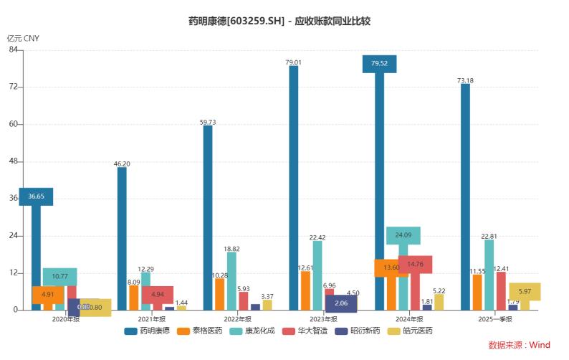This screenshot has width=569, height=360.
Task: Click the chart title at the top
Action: click(284, 22)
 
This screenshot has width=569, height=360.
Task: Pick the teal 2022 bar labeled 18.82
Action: click(231, 280)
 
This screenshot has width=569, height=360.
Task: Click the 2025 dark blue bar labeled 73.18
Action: click(465, 196)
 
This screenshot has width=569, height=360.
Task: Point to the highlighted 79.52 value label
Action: click(380, 64)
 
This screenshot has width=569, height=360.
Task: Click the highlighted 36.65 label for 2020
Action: click(36, 196)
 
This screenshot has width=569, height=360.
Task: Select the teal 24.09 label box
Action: click(403, 235)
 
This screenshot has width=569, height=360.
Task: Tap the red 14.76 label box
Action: click(415, 264)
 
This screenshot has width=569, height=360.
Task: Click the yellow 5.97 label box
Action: click(525, 291)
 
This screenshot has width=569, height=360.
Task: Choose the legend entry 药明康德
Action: click(149, 331)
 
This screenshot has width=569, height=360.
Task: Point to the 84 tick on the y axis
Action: click(14, 49)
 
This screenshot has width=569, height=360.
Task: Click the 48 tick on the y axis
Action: click(14, 161)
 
